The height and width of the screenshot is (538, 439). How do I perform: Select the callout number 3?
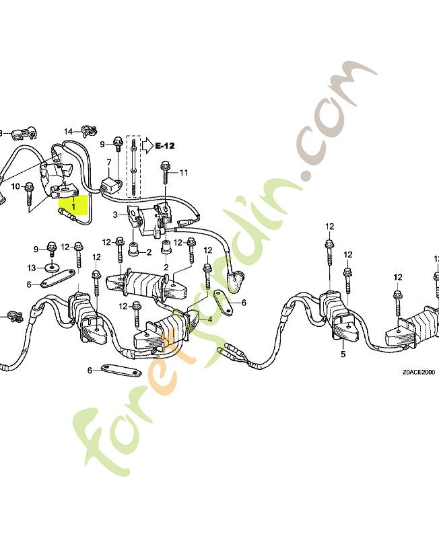coord(115,215)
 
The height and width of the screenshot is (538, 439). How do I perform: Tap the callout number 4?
coord(209,319)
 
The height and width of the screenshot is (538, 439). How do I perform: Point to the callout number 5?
coord(343,354)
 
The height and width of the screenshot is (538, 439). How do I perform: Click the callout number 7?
coord(108,163)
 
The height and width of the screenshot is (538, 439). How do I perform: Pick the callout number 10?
coord(15,186)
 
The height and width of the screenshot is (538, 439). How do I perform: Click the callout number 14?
coord(68,130)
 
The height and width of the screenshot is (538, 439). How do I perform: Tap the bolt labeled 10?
coord(30,194)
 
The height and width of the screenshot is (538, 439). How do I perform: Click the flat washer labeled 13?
coord(52,267)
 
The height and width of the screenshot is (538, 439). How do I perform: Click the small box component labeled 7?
coord(110,184)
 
